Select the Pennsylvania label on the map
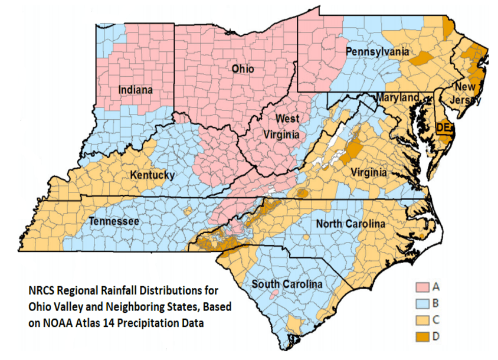[377, 52]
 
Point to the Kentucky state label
[152, 175]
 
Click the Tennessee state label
[114, 221]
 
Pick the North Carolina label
[350, 224]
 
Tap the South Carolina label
[287, 284]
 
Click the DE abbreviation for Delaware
[443, 127]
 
